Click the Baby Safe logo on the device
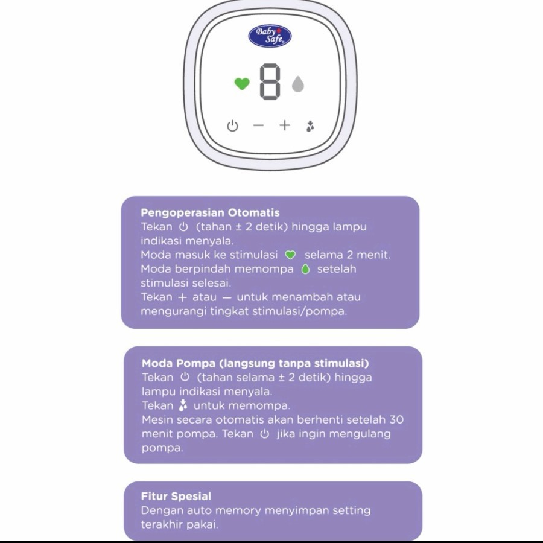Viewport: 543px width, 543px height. point(270,36)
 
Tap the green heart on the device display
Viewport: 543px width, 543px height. point(242,84)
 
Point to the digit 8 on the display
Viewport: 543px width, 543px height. point(270,82)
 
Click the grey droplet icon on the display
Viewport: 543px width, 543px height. point(298,84)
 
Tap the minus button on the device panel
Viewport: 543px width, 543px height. point(258,125)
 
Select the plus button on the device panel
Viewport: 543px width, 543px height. point(285,125)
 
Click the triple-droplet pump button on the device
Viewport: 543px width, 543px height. point(310,126)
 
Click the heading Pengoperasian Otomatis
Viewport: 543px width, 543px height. point(210,212)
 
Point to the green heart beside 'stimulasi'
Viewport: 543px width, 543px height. point(290,255)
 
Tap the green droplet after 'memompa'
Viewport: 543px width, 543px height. point(305,269)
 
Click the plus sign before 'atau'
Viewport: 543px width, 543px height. point(182,297)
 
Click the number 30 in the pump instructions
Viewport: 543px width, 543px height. point(396,420)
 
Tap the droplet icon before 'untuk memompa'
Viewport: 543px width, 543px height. point(183,405)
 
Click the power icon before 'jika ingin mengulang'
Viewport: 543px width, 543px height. point(265,434)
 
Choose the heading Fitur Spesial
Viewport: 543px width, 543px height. point(176,497)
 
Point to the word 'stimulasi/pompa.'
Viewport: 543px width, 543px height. point(299,311)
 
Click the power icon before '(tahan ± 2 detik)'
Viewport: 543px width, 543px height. point(183,227)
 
